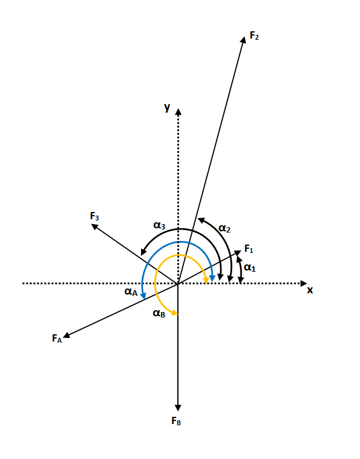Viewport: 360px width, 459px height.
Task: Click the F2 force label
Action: [254, 36]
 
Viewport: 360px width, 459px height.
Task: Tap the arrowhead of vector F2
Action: [243, 40]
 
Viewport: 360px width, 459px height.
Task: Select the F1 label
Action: [249, 249]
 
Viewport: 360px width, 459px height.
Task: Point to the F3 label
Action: [95, 216]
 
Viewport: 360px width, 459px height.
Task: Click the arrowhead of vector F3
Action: [95, 226]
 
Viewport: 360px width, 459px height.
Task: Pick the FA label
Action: [57, 339]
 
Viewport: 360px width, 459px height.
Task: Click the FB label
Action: [176, 421]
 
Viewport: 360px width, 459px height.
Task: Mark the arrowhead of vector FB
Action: [178, 408]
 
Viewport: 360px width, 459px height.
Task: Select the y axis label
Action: [167, 107]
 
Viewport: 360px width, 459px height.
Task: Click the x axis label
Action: [310, 290]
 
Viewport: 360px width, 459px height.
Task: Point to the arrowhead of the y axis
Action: [178, 111]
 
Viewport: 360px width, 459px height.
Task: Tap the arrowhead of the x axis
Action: [304, 283]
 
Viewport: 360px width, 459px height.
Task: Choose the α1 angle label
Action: [250, 267]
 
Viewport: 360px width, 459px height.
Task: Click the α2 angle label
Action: [224, 228]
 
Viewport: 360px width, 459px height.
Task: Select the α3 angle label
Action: [159, 225]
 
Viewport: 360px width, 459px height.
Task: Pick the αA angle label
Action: [131, 292]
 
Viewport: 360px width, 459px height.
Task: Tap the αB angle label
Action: [159, 313]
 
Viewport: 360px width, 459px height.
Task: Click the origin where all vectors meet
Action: [178, 283]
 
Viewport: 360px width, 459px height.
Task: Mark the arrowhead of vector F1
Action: [238, 252]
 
